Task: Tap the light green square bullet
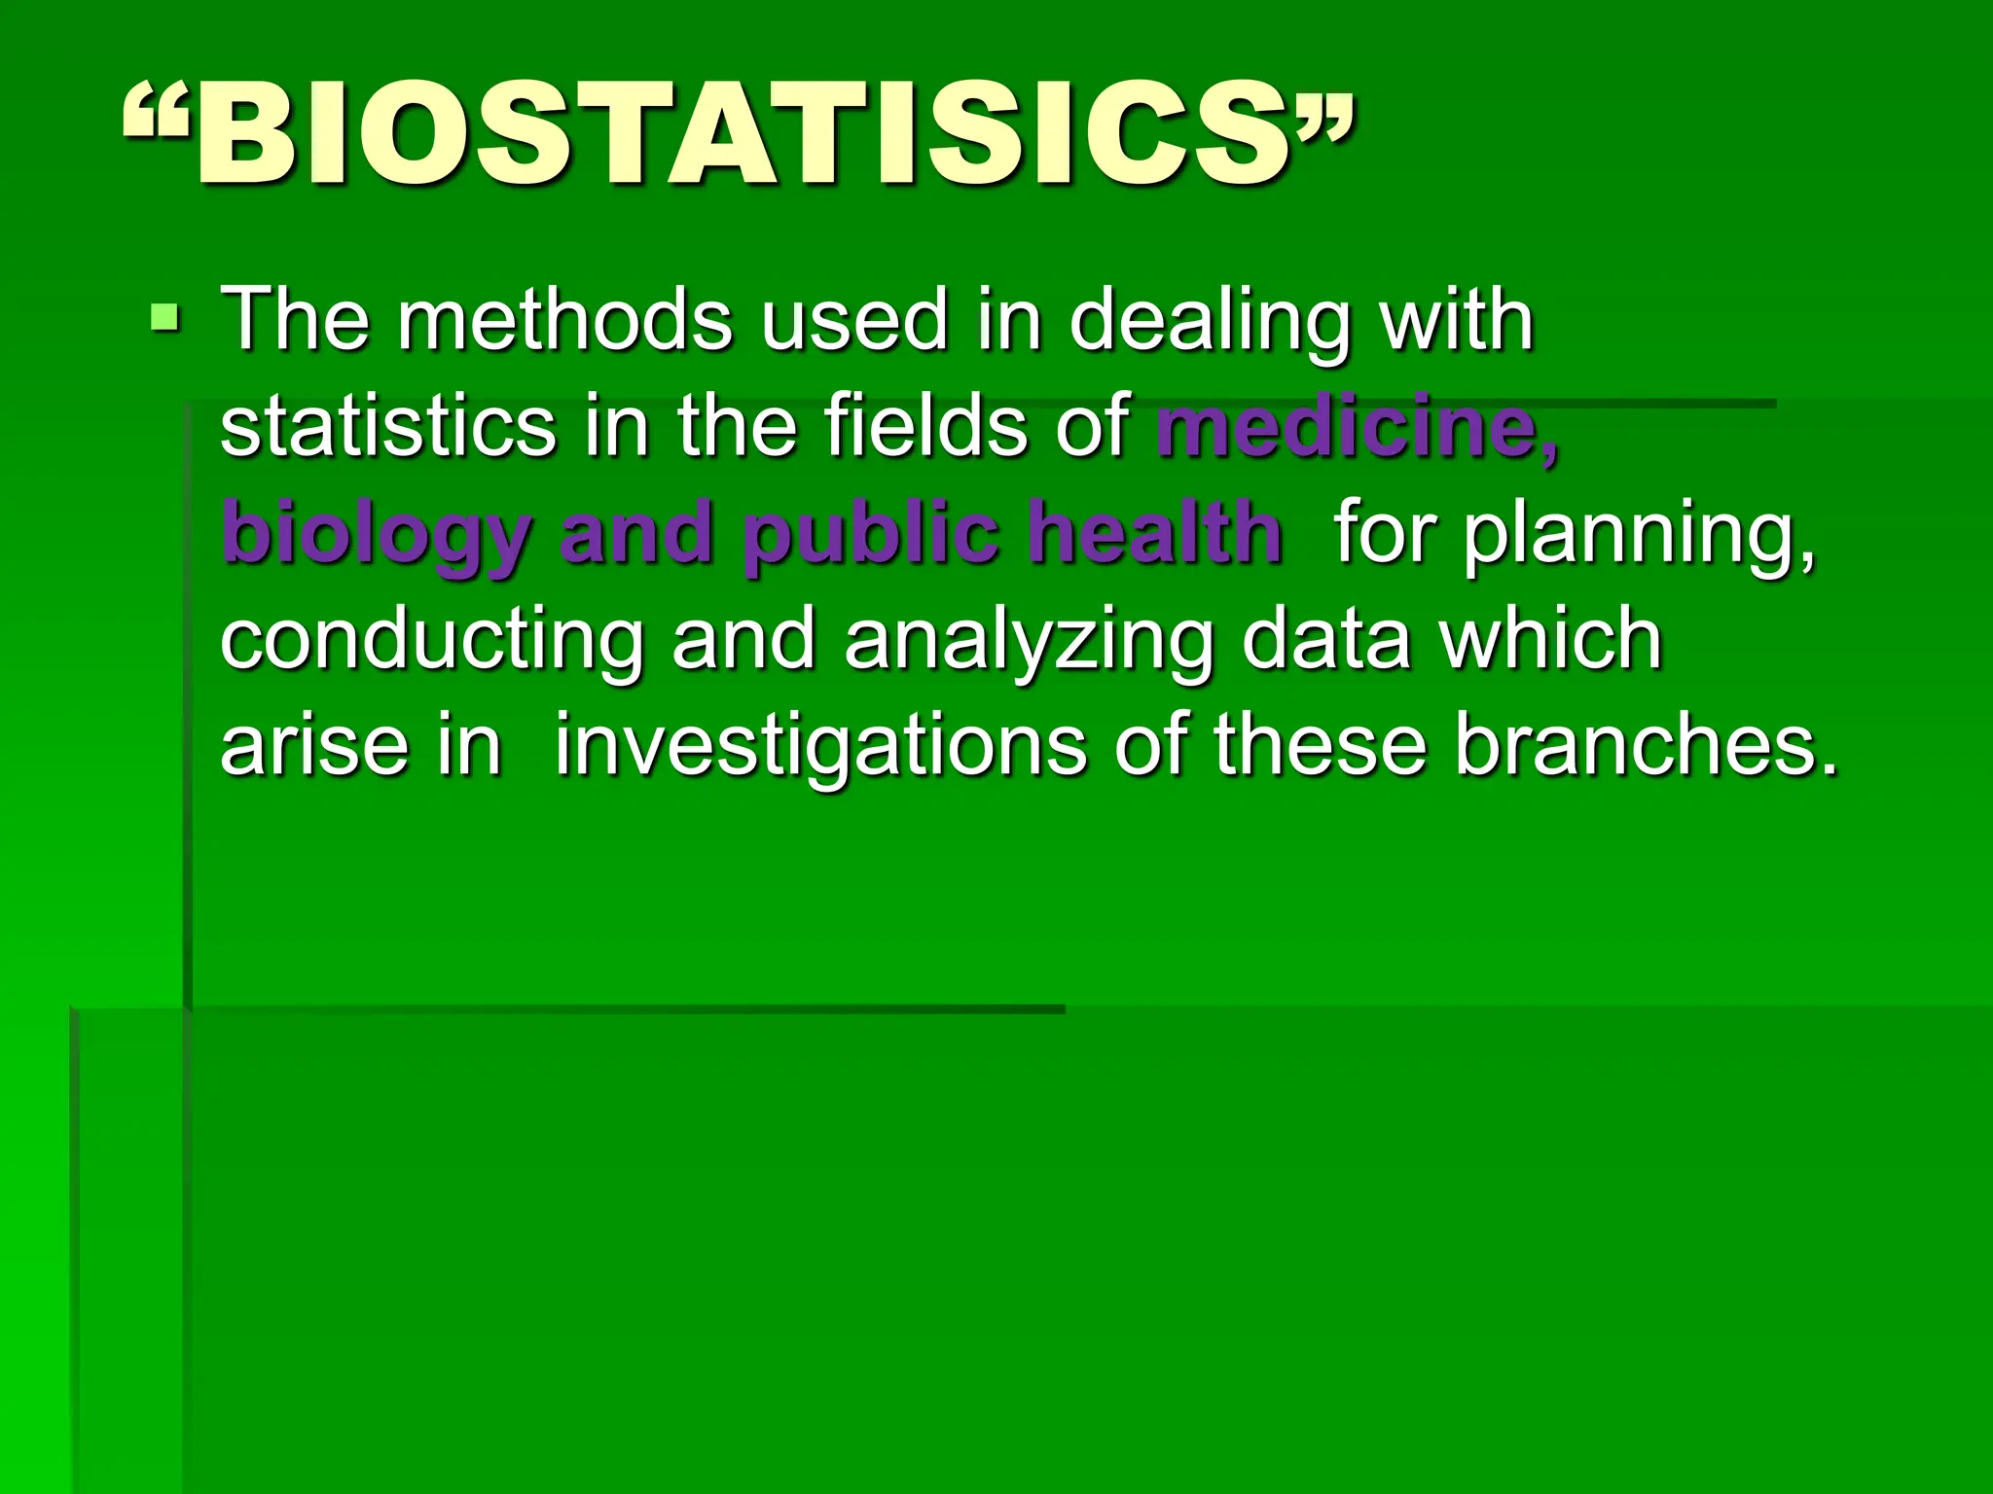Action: point(165,317)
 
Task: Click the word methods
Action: point(564,320)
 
